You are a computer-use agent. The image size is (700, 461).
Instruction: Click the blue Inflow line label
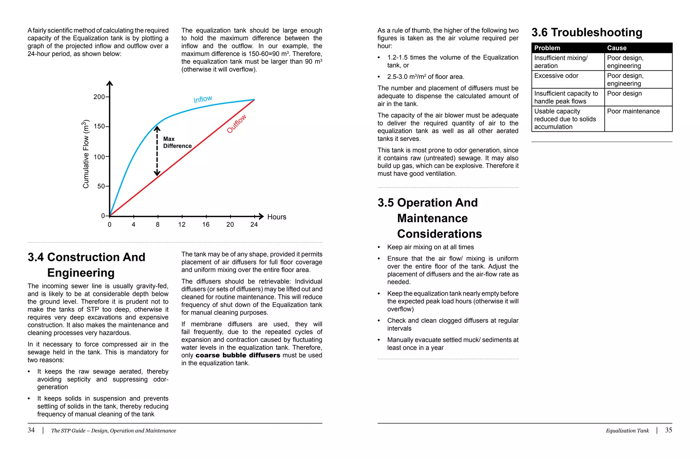203,99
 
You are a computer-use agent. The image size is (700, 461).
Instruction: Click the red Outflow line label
237,124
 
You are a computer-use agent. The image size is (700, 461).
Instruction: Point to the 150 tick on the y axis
99,126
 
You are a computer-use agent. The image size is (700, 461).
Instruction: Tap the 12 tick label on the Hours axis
182,224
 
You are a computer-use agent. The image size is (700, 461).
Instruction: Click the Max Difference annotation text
177,142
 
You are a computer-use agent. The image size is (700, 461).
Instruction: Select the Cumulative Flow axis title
86,154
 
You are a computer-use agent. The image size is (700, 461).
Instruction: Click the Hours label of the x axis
277,217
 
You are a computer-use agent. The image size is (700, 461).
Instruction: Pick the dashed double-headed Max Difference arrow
157,151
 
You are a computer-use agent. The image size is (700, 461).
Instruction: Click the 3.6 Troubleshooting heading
587,32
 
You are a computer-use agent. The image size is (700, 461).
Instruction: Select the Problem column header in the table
547,48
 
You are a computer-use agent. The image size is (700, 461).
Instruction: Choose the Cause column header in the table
617,48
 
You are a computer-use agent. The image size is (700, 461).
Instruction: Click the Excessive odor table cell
556,76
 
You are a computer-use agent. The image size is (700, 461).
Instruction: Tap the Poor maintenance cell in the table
633,111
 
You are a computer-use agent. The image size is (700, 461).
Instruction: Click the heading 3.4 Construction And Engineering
86,265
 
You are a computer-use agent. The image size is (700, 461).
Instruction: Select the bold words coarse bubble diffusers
238,355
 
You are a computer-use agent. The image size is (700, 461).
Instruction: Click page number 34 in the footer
31,430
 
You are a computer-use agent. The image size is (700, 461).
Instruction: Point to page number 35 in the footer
668,430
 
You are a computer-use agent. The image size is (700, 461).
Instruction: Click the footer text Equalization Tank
627,431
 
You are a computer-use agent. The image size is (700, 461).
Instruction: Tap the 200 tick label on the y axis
99,97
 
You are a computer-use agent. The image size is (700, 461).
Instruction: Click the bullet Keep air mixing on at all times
430,247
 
